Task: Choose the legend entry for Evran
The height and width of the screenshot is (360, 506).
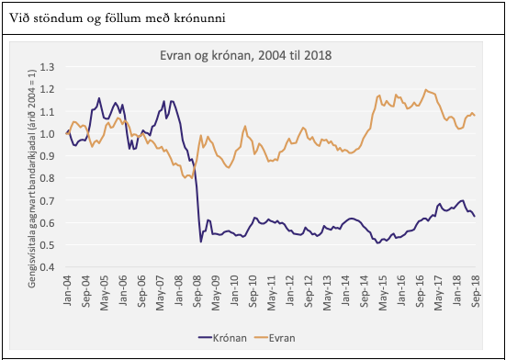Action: [x=286, y=338]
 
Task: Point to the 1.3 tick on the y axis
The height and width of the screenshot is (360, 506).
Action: [x=48, y=67]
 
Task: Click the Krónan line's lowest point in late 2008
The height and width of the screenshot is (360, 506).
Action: [x=201, y=242]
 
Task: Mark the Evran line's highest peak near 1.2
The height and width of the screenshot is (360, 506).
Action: [x=425, y=90]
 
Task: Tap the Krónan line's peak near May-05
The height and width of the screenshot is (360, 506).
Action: [x=99, y=98]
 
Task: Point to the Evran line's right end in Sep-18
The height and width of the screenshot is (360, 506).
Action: [x=475, y=116]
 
